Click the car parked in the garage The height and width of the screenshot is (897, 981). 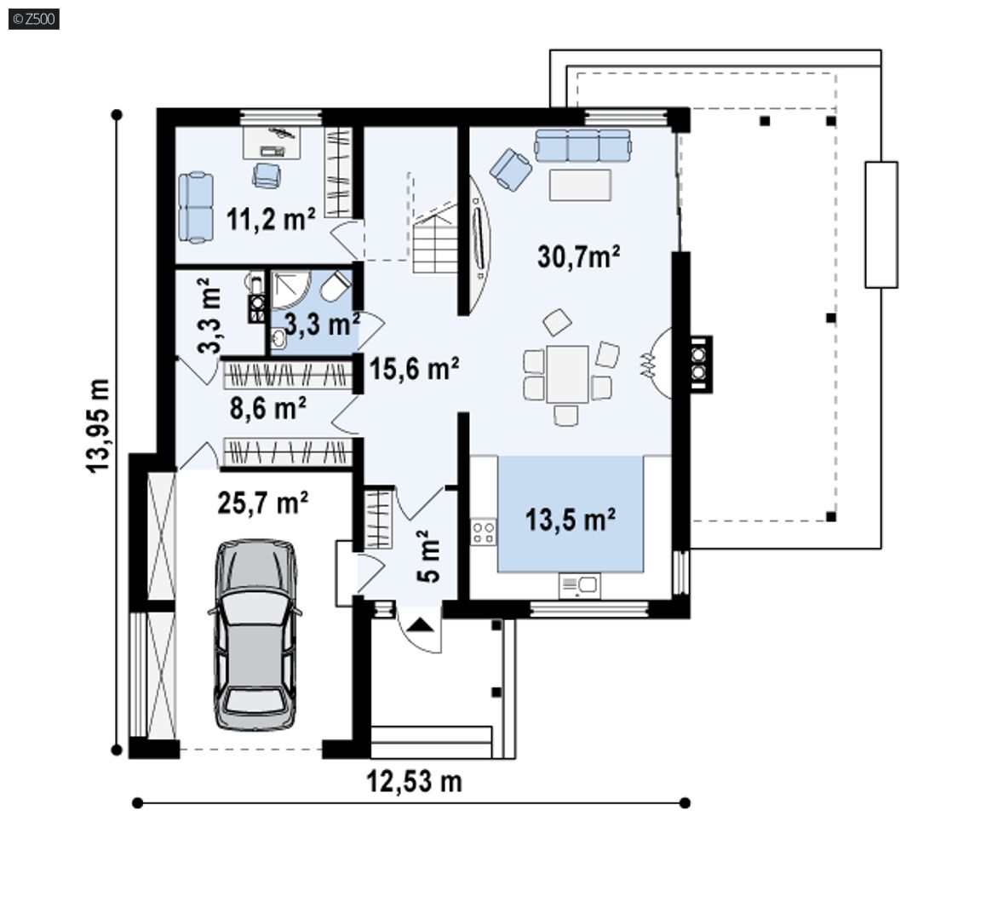tap(255, 635)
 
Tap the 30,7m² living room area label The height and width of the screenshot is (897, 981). tap(579, 256)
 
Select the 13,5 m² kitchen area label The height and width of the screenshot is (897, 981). tap(570, 520)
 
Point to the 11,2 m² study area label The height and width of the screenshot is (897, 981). tap(271, 219)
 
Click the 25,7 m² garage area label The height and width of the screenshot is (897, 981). tap(263, 503)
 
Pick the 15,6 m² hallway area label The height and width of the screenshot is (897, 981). tap(414, 368)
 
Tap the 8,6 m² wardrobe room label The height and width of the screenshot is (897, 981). tap(267, 408)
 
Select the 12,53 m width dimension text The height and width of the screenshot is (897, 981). tap(414, 781)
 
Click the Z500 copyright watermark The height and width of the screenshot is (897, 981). tap(34, 19)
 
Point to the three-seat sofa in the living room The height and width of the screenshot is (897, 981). tap(582, 146)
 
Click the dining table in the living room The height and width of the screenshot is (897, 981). tap(567, 374)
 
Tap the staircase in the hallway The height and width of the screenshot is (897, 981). tap(435, 238)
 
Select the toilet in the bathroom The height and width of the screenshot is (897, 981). tap(336, 287)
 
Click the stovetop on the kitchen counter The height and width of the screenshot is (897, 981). tap(484, 532)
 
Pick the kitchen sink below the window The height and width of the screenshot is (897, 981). tap(579, 586)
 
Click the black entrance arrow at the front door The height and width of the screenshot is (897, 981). tap(420, 624)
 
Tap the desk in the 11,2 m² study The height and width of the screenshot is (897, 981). tap(272, 142)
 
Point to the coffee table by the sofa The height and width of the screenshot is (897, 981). tap(580, 185)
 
